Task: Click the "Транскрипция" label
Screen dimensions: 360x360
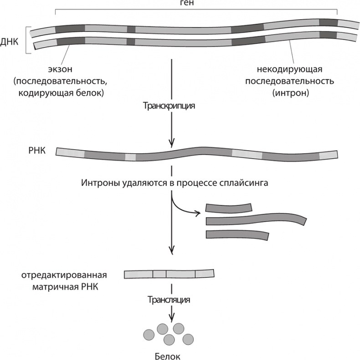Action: click(169, 106)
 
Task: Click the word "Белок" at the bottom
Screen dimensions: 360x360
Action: click(171, 355)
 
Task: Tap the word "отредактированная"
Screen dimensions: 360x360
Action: click(63, 275)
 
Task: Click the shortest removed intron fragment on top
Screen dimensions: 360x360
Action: click(228, 208)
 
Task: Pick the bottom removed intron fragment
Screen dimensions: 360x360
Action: click(237, 235)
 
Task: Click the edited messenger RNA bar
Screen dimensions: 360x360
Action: click(169, 274)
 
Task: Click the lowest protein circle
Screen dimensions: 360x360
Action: click(170, 340)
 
